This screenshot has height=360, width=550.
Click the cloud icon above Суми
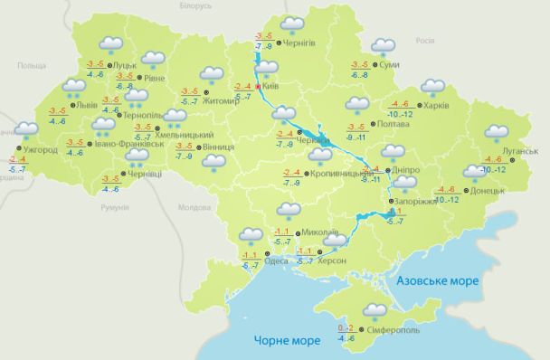coord(383,47)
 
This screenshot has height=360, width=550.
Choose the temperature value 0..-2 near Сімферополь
coord(346,327)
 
